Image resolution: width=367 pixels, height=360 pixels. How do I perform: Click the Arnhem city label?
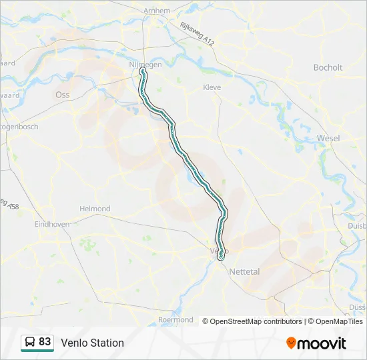point(157,11)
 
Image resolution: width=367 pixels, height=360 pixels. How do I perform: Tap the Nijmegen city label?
point(145,64)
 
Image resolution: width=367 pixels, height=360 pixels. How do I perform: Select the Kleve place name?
point(212,87)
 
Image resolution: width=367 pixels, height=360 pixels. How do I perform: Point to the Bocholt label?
point(328,67)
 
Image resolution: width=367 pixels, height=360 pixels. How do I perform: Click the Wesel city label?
point(328,138)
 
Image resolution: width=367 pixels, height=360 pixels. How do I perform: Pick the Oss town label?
point(63,95)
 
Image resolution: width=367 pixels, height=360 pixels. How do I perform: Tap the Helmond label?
point(95,209)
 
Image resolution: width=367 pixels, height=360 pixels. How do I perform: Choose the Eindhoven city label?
point(52,225)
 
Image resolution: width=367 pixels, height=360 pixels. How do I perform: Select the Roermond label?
point(175,320)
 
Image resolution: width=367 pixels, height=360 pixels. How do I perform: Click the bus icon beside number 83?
point(30,343)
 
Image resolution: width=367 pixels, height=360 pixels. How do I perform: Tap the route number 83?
point(45,342)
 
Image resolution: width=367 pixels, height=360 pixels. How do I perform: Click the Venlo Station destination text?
point(92,343)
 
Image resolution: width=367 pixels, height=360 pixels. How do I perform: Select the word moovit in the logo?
point(322,343)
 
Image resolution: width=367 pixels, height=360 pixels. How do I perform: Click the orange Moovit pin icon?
point(291,343)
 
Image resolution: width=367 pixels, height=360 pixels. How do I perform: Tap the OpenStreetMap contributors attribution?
point(256,321)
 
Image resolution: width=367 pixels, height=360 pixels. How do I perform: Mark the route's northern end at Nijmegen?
point(142,69)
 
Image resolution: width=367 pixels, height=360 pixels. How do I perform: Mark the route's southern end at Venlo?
point(221,257)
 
